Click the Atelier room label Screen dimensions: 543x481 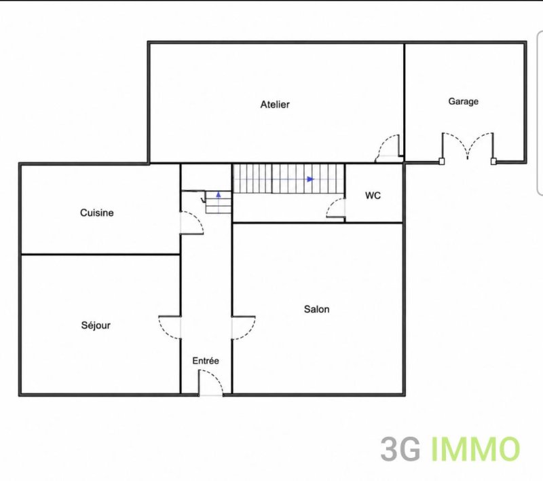(275, 105)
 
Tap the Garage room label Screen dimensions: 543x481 (464, 101)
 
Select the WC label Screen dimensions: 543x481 (373, 196)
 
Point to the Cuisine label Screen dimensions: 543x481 (97, 213)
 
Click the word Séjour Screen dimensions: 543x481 (96, 325)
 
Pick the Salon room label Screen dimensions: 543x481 (316, 309)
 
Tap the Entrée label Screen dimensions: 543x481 (206, 361)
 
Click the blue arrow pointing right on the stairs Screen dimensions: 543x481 (310, 179)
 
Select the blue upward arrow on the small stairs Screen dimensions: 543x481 (219, 194)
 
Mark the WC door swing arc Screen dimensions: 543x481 (331, 204)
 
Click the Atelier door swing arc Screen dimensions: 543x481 (381, 142)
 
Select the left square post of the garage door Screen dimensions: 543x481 (442, 161)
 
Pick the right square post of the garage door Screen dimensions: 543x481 (493, 161)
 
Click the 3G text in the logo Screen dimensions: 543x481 (400, 449)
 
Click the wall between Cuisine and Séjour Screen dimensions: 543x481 (100, 255)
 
